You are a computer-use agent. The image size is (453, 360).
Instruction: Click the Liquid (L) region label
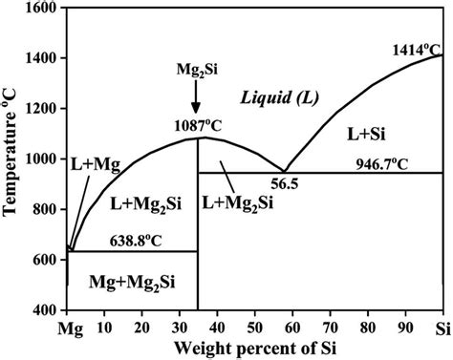[x=279, y=98]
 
